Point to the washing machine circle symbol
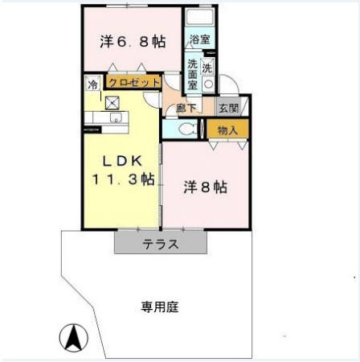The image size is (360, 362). point(208,83)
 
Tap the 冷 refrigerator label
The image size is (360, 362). point(92,83)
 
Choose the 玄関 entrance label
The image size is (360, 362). point(227,108)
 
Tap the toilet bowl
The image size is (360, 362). point(186,128)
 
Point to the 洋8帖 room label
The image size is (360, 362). point(205,187)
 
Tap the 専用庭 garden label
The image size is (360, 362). point(159,306)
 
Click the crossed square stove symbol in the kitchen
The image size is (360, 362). point(112,102)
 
